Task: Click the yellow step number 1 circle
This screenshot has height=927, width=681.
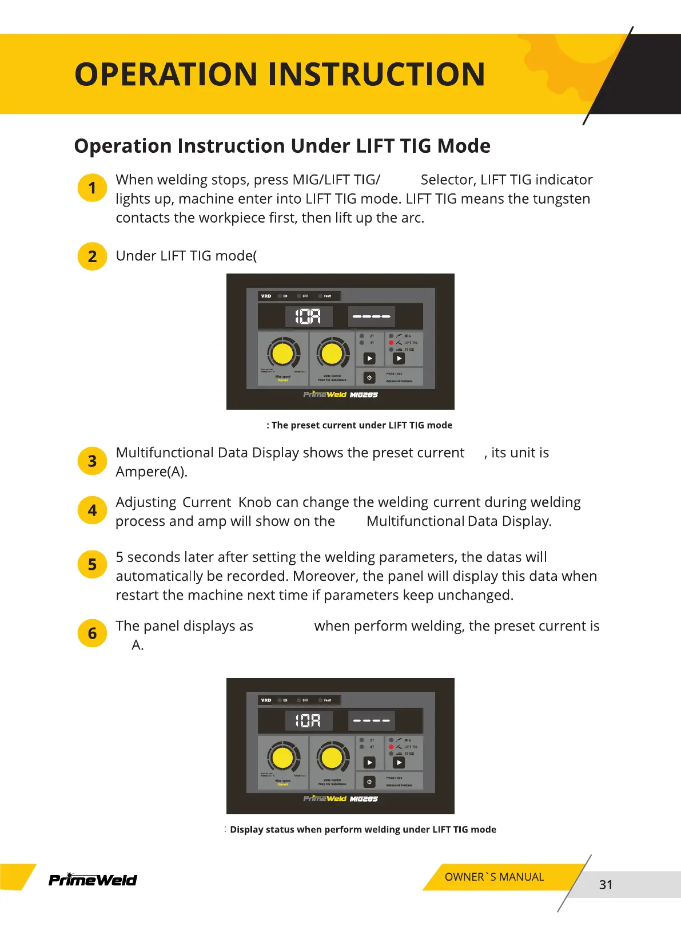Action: pyautogui.click(x=92, y=188)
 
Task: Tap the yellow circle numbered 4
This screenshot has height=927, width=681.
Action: pyautogui.click(x=92, y=510)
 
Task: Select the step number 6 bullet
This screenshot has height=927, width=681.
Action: pyautogui.click(x=92, y=633)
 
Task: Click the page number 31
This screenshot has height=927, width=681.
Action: pyautogui.click(x=606, y=885)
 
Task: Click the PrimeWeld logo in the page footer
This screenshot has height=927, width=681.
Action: pyautogui.click(x=93, y=880)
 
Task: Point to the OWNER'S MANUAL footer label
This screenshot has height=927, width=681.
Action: pyautogui.click(x=494, y=877)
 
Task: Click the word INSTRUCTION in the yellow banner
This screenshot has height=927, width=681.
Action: pyautogui.click(x=376, y=75)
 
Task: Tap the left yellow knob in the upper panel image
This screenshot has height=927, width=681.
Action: pyautogui.click(x=282, y=354)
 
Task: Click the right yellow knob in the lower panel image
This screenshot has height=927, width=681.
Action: pyautogui.click(x=332, y=758)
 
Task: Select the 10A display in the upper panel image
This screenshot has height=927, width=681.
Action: pyautogui.click(x=308, y=316)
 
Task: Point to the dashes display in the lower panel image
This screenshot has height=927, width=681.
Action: pyautogui.click(x=371, y=720)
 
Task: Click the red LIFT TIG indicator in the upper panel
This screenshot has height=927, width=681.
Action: pyautogui.click(x=391, y=343)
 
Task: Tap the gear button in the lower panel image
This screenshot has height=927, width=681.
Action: pyautogui.click(x=369, y=782)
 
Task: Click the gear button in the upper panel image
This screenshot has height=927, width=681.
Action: pyautogui.click(x=369, y=378)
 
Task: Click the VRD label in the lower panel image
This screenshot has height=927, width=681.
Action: pyautogui.click(x=266, y=700)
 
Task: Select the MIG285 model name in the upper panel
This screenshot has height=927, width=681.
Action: pyautogui.click(x=364, y=395)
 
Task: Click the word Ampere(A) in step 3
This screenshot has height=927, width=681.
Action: pyautogui.click(x=151, y=472)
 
